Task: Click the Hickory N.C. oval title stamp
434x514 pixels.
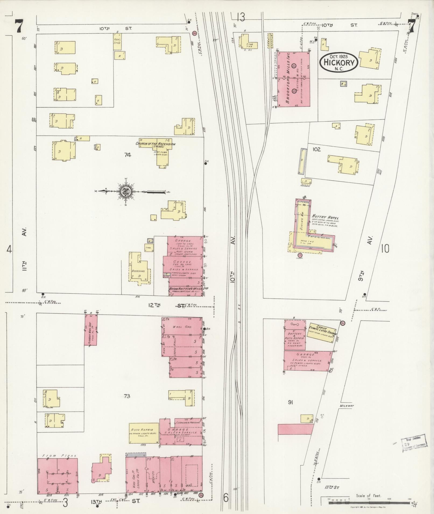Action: pyautogui.click(x=339, y=62)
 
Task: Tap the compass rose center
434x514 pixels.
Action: pyautogui.click(x=126, y=191)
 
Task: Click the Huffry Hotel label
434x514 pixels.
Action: pyautogui.click(x=325, y=218)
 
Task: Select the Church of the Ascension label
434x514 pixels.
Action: pyautogui.click(x=155, y=144)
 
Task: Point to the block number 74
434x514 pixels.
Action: pyautogui.click(x=128, y=154)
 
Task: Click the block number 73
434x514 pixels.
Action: pyautogui.click(x=127, y=396)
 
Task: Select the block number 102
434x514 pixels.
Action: pyautogui.click(x=316, y=149)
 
